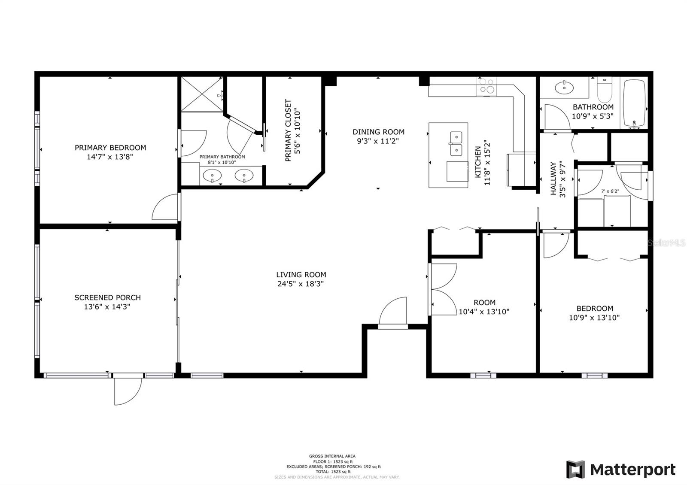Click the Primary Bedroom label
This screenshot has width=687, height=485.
pos(110,148)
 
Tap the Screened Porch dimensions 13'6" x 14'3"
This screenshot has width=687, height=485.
pos(107,307)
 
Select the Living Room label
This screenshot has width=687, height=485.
pos(301,275)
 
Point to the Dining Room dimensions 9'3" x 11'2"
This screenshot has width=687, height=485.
pos(378,141)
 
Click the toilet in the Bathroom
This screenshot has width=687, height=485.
pos(605,90)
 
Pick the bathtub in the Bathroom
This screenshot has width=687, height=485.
pos(634,103)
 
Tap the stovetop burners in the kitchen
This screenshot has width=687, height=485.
pos(486,86)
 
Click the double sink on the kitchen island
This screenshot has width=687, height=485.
pos(456,144)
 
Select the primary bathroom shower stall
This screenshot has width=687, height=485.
pos(202,94)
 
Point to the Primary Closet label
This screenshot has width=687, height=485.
pos(288,130)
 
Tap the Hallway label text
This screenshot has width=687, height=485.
pos(553,179)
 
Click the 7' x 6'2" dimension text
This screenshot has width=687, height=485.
pos(610,191)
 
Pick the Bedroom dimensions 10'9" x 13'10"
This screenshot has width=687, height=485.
pos(594,318)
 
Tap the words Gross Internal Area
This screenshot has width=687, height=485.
pos(332,456)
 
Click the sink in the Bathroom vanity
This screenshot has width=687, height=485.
pos(564,88)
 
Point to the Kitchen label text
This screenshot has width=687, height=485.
pos(478,162)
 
